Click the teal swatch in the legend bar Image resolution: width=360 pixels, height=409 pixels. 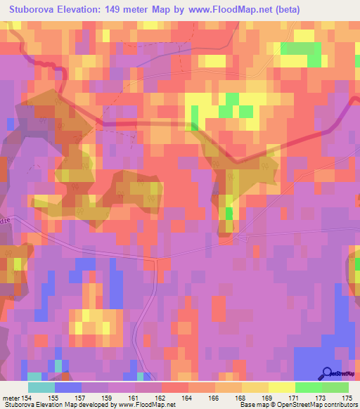point(41,387)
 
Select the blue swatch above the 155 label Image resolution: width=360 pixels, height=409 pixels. point(67,387)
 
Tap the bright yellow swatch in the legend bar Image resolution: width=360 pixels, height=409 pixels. point(281,387)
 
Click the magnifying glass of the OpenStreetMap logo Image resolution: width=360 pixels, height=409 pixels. point(326,373)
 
